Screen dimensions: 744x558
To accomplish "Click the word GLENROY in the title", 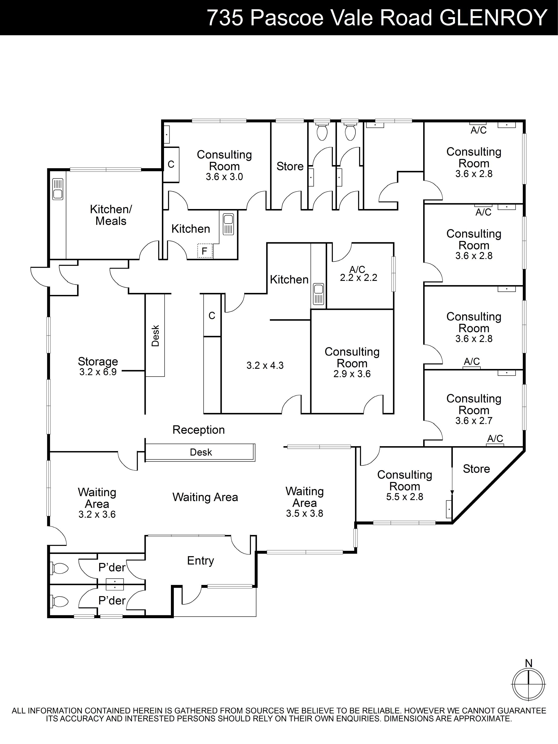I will [493, 17].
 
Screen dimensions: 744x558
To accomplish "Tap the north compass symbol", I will [528, 684].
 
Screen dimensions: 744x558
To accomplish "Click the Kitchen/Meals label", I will [111, 215].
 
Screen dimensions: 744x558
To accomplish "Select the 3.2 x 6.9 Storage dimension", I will [98, 372].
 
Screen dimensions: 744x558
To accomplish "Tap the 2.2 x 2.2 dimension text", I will [359, 278].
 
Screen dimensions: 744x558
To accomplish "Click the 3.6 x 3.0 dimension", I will [224, 177].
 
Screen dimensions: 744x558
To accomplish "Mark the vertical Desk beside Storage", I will [155, 335].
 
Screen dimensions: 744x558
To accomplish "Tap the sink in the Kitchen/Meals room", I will [58, 189].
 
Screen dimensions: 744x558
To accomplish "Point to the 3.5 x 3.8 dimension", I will [304, 513].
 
